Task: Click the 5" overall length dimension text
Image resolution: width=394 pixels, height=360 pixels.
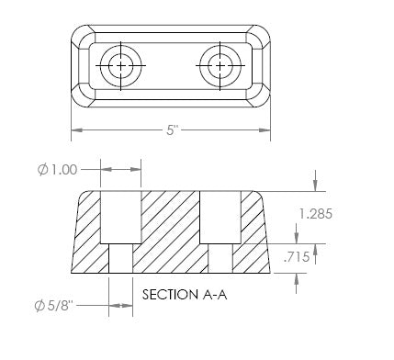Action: [173, 130]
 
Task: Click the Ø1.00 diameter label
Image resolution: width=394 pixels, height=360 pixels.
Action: [57, 170]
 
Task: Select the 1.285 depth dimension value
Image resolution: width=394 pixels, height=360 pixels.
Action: [316, 214]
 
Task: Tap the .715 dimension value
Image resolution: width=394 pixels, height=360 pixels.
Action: [297, 256]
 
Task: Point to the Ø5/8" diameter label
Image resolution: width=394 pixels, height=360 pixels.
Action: [54, 306]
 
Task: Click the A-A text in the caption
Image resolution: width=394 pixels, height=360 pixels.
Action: [215, 295]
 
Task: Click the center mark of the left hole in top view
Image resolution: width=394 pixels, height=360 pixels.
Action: [121, 65]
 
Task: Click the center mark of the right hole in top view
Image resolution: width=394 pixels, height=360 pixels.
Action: [220, 65]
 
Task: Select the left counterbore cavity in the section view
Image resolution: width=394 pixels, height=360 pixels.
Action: [121, 218]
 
